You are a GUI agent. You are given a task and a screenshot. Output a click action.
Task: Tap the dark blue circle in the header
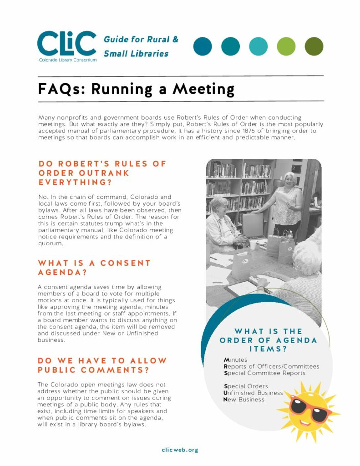[x=203, y=46]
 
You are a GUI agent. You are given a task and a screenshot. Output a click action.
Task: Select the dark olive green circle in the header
[x=314, y=46]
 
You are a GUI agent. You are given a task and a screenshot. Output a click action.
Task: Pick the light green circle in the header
[x=286, y=46]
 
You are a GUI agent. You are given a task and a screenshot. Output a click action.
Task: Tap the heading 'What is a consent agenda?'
[x=94, y=268]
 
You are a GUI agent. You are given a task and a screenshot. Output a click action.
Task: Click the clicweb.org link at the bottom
[x=180, y=450]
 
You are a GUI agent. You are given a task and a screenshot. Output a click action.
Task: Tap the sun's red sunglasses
[x=311, y=406]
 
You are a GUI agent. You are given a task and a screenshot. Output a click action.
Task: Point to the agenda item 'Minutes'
[x=235, y=360]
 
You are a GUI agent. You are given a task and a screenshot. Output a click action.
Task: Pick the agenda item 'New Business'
[x=243, y=400]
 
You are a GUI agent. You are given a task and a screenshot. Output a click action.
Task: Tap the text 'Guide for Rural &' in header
[x=141, y=40]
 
